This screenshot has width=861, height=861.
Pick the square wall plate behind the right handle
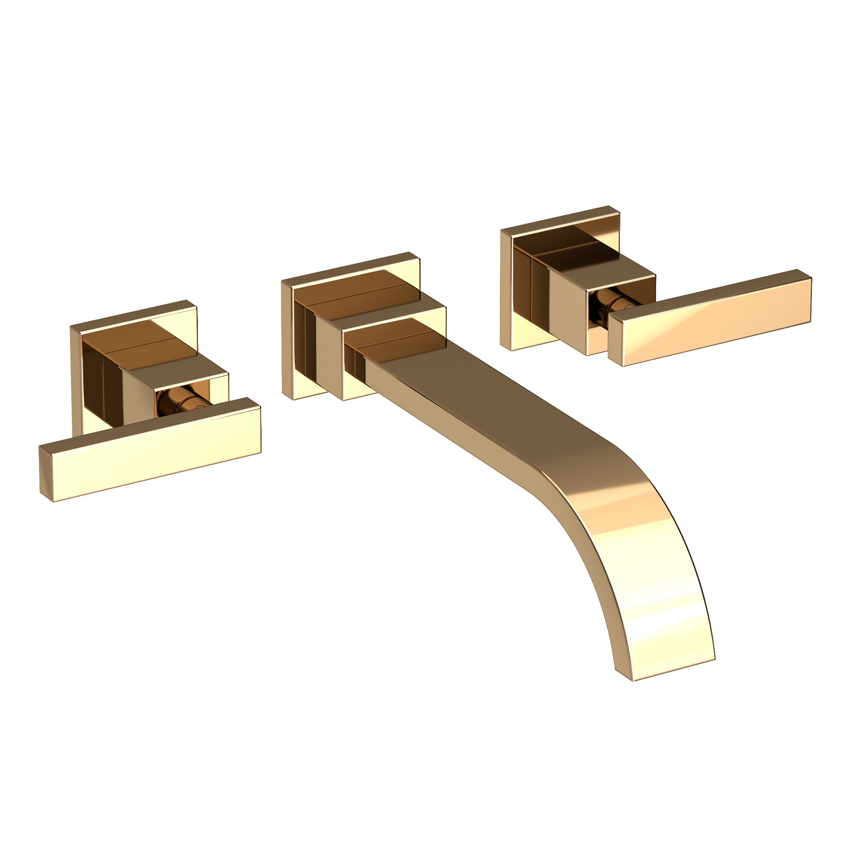tap(508, 290)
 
